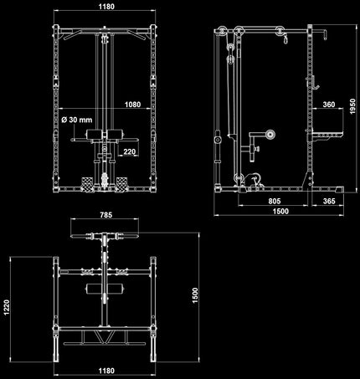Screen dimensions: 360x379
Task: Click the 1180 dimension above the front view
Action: click(106, 7)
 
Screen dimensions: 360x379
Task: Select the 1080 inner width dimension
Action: click(132, 105)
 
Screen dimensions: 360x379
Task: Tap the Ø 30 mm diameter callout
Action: click(77, 120)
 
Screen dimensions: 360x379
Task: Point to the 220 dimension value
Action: click(129, 151)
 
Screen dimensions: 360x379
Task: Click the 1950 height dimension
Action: click(352, 106)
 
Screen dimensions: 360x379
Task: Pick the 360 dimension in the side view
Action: click(329, 105)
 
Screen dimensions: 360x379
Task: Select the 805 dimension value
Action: click(275, 201)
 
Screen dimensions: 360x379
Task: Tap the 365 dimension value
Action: click(329, 201)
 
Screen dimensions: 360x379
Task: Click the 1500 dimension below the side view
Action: click(280, 211)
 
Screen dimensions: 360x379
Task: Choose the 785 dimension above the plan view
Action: click(106, 215)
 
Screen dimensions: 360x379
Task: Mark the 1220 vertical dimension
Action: click(7, 308)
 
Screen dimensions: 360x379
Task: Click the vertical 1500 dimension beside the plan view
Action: click(195, 295)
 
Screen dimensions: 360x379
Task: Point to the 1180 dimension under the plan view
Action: click(106, 371)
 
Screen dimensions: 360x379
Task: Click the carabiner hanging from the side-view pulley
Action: click(285, 38)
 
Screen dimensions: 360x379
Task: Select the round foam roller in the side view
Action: click(270, 135)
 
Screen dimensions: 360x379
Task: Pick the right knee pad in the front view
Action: click(115, 135)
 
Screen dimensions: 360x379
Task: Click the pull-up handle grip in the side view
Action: click(325, 34)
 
